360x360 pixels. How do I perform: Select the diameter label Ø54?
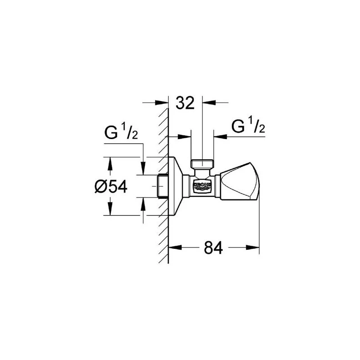(111, 186)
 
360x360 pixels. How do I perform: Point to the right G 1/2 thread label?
(247, 127)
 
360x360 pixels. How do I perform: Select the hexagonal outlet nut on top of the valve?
(202, 163)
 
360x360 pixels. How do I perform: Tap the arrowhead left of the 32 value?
(164, 103)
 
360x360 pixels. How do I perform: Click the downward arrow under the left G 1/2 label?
(144, 170)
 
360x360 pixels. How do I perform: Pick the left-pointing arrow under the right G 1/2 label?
(218, 135)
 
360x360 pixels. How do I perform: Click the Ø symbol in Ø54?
(100, 186)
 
